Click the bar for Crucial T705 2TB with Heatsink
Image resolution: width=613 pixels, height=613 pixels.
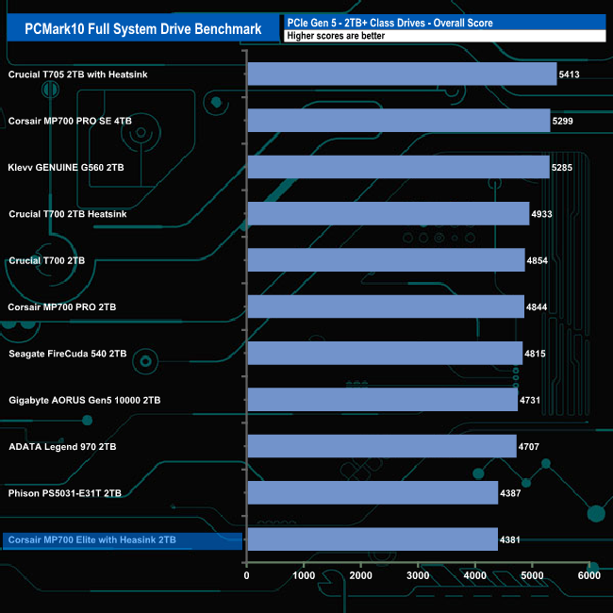[x=402, y=75]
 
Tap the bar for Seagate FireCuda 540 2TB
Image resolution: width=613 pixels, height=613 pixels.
[x=385, y=354]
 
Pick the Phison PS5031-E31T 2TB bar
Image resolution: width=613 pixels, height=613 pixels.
[x=373, y=492]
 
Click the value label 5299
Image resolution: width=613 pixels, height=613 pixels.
[x=562, y=122]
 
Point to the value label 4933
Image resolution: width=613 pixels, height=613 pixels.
[x=541, y=215]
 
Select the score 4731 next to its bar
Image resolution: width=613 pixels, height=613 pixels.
[x=530, y=401]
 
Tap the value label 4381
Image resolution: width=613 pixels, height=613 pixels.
[x=510, y=540]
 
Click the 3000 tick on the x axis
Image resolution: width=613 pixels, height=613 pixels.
[x=418, y=575]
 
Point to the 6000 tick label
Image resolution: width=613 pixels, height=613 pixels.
[x=588, y=575]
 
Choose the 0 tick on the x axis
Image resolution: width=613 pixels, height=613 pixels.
[x=247, y=575]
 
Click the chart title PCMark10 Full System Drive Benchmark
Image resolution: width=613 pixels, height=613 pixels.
[x=141, y=28]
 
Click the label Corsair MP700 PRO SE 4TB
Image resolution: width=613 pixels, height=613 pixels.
[x=72, y=122]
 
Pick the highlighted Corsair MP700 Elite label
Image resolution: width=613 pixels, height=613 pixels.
[x=91, y=540]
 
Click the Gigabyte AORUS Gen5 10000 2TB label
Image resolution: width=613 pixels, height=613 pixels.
[x=84, y=401]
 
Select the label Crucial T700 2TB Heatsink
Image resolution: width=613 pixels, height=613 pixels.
[x=67, y=214]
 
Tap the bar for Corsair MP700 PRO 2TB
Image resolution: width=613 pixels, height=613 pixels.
[x=386, y=307]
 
